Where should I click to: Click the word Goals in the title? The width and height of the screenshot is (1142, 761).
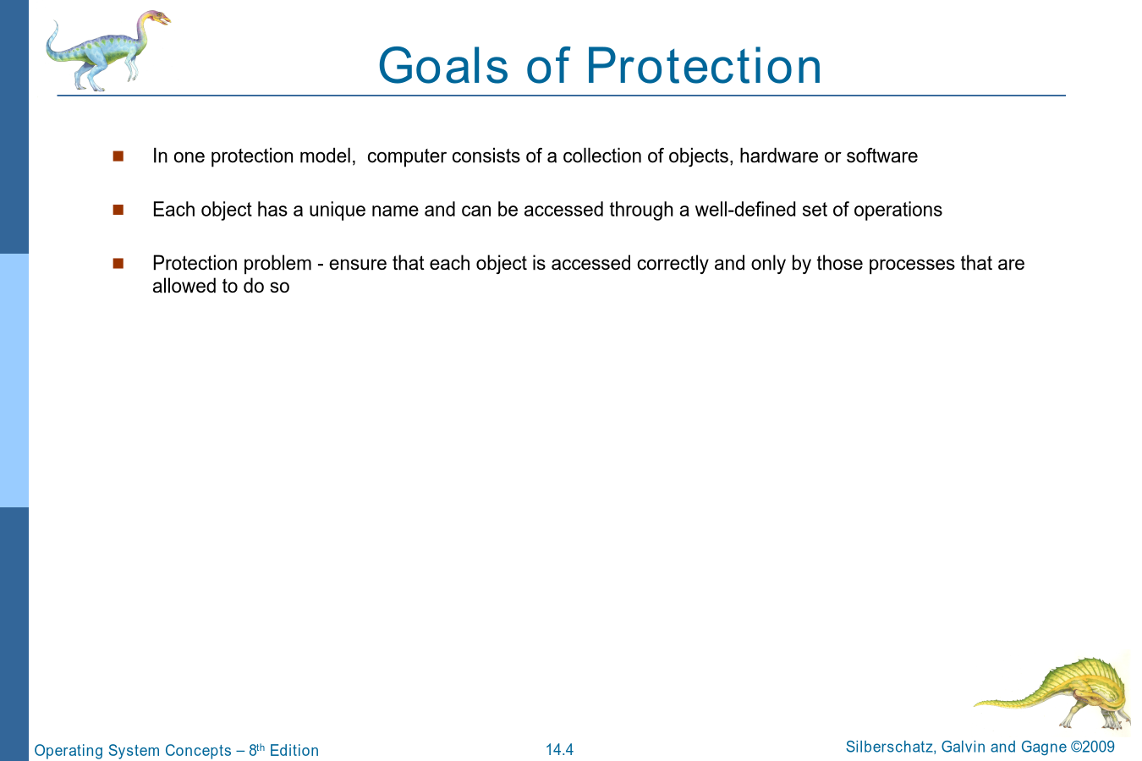click(443, 66)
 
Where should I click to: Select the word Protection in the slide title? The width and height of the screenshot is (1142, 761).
click(704, 66)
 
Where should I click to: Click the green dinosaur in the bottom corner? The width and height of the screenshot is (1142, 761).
click(1056, 693)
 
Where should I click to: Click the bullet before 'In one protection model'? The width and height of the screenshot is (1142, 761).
click(118, 156)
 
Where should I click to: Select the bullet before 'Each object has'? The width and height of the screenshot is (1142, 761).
click(118, 210)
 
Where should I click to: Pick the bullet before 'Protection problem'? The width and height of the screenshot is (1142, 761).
click(118, 263)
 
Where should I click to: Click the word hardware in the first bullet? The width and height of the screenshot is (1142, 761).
click(779, 156)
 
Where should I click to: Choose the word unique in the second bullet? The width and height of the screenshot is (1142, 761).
click(338, 211)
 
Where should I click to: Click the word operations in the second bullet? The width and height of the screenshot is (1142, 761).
click(898, 211)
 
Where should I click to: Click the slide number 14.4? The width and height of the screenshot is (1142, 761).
click(559, 750)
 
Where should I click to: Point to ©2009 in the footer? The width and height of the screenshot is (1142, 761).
click(1093, 747)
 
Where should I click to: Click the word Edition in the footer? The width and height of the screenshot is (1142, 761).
click(294, 750)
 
